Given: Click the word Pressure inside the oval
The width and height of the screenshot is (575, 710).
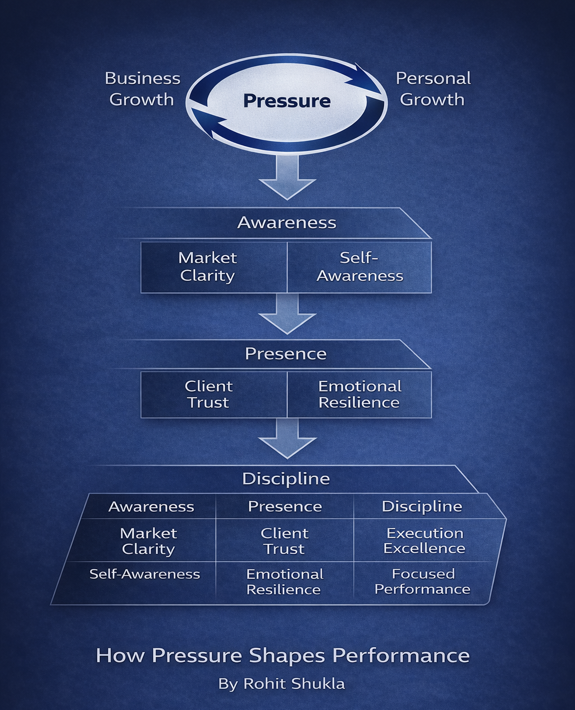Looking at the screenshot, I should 286,101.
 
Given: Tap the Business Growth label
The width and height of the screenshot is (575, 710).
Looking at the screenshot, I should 143,89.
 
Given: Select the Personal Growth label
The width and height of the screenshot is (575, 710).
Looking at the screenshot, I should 433,89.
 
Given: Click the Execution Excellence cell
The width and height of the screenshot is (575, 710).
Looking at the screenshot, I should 424,540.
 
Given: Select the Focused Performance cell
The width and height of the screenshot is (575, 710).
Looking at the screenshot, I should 422,581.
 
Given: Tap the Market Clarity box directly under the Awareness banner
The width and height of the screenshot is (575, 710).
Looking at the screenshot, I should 207,267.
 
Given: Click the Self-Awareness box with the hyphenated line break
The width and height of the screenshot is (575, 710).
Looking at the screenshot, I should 359,267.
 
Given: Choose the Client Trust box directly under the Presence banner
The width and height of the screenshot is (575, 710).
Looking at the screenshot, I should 208,394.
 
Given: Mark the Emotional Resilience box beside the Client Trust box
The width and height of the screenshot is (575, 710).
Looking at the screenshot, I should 359,394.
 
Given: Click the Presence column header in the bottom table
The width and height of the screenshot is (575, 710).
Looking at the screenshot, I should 285,507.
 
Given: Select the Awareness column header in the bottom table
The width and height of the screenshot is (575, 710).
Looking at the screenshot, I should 151,507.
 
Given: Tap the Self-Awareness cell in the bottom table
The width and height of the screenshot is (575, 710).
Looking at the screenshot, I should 144,574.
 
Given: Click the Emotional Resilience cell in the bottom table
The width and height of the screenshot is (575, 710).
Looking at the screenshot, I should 284,581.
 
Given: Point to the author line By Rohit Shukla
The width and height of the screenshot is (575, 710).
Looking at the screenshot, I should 281,684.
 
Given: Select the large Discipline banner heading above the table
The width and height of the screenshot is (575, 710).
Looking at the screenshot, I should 286,479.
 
